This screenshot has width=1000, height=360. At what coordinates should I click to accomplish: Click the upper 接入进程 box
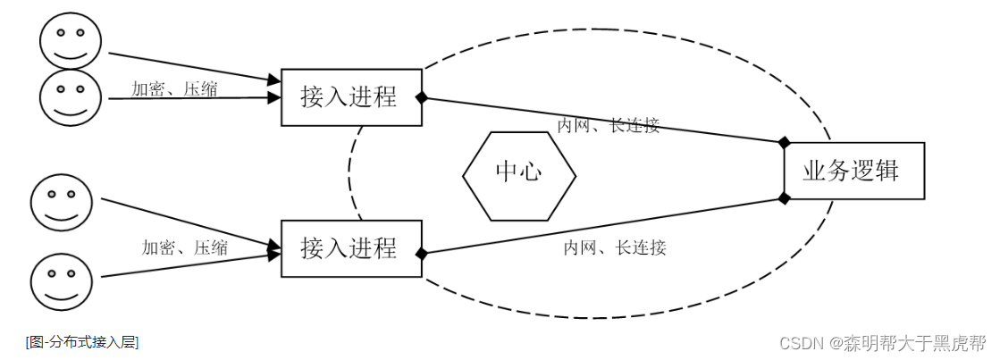coord(351,97)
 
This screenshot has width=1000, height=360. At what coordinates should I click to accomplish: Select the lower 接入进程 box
coord(351,247)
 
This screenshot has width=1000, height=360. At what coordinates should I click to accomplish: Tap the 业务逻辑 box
coord(853,170)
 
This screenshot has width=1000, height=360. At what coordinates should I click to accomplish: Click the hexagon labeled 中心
coord(517,171)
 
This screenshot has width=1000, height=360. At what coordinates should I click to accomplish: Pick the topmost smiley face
coord(71,41)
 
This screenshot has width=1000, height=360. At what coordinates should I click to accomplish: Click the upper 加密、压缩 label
coord(173,88)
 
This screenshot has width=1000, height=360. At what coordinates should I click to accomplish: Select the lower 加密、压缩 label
coord(184,247)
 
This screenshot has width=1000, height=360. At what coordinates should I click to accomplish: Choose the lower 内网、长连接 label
coord(615,247)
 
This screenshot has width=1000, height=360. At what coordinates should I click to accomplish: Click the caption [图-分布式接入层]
coord(82,341)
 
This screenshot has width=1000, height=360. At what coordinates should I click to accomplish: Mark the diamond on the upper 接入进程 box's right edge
coord(421,97)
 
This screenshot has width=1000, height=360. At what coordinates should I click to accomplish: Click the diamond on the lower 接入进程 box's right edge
coord(421,254)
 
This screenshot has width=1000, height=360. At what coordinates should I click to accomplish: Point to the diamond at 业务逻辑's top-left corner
coord(785,142)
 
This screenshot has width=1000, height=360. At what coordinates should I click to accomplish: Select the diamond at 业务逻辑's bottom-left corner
coord(785,197)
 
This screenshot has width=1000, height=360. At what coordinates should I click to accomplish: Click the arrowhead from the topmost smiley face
coord(274,81)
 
